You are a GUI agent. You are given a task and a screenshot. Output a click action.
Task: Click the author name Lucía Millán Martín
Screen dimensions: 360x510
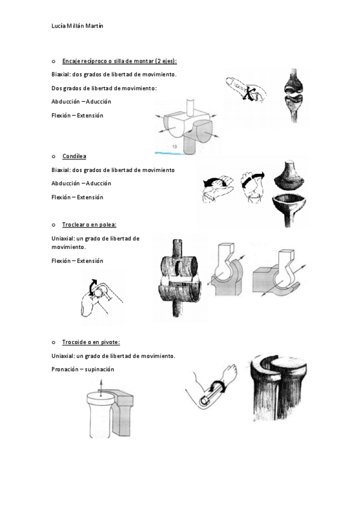[x=78, y=26]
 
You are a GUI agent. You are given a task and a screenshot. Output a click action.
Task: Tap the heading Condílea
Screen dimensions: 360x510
[x=75, y=156]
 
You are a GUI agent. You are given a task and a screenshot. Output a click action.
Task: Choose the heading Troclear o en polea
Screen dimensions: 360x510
[x=90, y=224]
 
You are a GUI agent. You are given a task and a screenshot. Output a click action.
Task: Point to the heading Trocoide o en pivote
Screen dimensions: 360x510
[x=91, y=342]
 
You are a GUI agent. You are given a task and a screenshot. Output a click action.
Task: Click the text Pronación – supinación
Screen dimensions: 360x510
[x=83, y=369]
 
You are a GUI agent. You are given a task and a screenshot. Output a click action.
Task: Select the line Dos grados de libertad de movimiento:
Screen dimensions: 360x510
[x=104, y=88]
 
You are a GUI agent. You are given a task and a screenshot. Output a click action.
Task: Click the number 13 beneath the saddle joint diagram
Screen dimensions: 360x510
[x=174, y=147]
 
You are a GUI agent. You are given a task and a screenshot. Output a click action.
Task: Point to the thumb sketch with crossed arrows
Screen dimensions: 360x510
[x=246, y=90]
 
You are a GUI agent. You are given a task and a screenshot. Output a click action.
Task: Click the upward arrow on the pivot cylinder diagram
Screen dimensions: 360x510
[x=101, y=387]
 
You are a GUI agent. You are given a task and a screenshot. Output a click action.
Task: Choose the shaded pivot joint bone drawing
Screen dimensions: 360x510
[x=279, y=388]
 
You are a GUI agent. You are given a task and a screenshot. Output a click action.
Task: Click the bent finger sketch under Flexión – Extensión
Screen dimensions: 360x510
[x=102, y=297]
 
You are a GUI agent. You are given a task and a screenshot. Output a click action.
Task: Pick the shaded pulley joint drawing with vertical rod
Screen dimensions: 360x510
[x=179, y=278]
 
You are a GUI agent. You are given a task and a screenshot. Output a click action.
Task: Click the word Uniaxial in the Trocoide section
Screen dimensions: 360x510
[x=63, y=356]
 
